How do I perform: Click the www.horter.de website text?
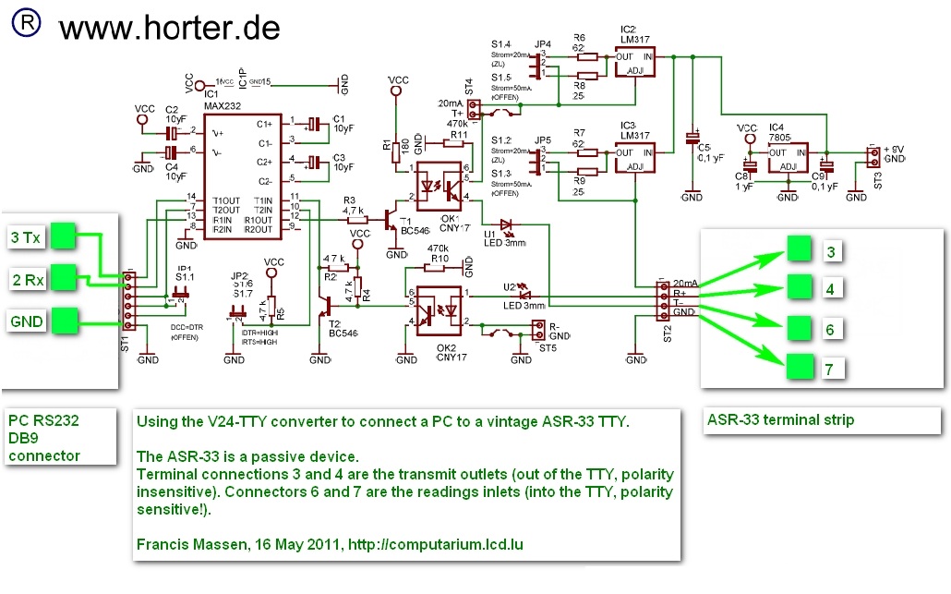pyautogui.click(x=169, y=28)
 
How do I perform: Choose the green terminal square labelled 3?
pyautogui.click(x=801, y=250)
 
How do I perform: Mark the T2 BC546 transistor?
pyautogui.click(x=328, y=307)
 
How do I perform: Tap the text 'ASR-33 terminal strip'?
pyautogui.click(x=780, y=419)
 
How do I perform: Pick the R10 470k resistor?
pyautogui.click(x=439, y=270)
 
